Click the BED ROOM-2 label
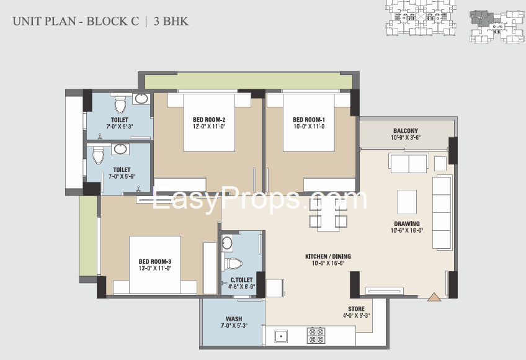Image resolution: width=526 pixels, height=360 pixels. [x=208, y=120]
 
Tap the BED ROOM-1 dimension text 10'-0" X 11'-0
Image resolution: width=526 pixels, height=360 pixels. [x=309, y=127]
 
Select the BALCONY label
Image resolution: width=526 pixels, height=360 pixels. [x=406, y=130]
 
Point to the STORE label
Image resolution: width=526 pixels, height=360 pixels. [x=356, y=308]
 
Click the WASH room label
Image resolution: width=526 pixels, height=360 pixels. [x=234, y=318]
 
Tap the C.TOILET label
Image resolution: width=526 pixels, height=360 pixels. [x=241, y=280]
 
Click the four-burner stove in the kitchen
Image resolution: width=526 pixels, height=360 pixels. [x=316, y=335]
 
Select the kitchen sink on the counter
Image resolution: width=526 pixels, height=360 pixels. [x=281, y=336]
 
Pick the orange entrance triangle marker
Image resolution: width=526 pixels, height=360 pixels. [x=434, y=297]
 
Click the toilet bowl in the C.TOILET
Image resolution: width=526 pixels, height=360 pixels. [x=233, y=264]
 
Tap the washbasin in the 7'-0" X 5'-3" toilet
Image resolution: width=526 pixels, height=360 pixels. [x=141, y=99]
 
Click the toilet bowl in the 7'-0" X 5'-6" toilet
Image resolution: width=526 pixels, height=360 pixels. [x=98, y=155]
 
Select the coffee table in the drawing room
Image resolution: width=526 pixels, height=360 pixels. [x=407, y=202]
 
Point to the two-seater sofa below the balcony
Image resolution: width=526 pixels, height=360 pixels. [x=409, y=163]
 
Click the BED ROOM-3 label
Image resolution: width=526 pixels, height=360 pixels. [x=155, y=261]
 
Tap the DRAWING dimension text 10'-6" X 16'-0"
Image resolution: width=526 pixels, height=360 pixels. [x=407, y=230]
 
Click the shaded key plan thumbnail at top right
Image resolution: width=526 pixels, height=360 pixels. [x=497, y=27]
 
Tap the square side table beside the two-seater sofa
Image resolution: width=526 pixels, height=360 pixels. [x=440, y=164]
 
